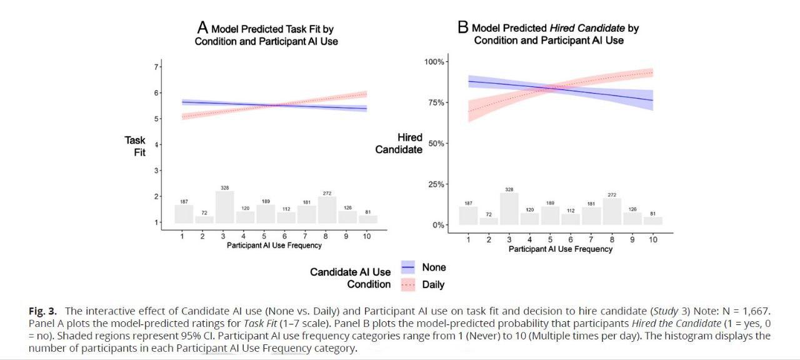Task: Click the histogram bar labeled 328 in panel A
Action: click(224, 207)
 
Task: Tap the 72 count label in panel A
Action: click(203, 212)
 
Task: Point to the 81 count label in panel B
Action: click(652, 213)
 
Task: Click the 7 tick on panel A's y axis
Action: click(156, 66)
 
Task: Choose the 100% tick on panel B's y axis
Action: click(434, 61)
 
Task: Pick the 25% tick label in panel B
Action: click(436, 184)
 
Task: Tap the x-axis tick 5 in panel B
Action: click(550, 240)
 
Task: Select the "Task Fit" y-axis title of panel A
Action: click(135, 146)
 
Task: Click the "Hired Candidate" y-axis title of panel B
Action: click(399, 144)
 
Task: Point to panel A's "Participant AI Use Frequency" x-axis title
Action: click(274, 246)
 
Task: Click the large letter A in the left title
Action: click(202, 27)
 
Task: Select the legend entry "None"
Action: click(434, 267)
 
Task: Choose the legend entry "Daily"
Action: click(433, 284)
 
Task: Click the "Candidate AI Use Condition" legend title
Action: click(351, 278)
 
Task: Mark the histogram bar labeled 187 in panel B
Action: click(468, 216)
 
